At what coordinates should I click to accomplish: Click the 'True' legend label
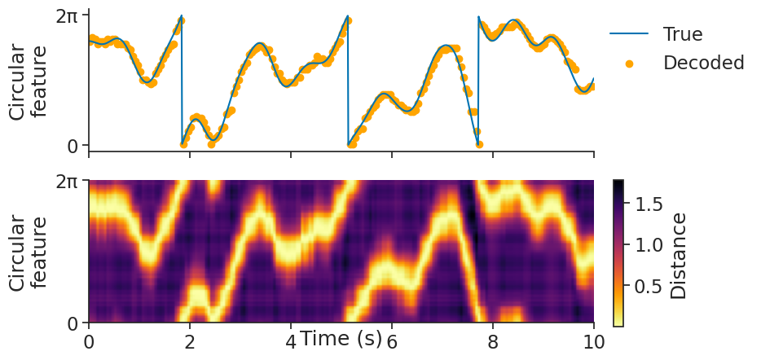click(x=682, y=34)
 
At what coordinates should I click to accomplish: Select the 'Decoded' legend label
click(x=703, y=63)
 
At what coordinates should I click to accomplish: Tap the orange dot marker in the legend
click(x=629, y=63)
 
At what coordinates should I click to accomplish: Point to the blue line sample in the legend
click(x=629, y=34)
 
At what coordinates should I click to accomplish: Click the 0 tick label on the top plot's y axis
click(x=73, y=146)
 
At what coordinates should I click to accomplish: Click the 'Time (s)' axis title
click(x=341, y=339)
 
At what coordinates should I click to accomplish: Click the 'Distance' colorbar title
click(x=679, y=254)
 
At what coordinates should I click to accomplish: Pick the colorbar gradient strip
click(x=618, y=252)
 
